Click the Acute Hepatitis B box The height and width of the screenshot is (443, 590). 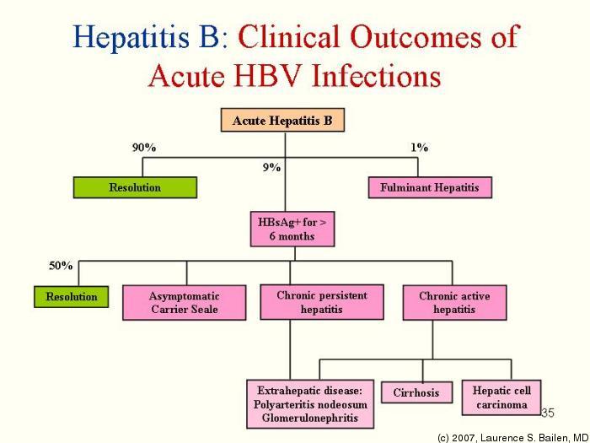coord(283,121)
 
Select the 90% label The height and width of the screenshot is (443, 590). coord(144,147)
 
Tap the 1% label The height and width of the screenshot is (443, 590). coord(419,147)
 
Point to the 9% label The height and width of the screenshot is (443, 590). coord(271,167)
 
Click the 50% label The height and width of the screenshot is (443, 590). coord(61,265)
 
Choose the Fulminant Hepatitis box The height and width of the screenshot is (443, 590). coord(429,187)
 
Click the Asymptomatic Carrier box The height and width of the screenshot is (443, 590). coord(185,302)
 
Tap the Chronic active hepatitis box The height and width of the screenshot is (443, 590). coord(453,302)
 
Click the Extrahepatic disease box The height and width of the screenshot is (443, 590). coord(310,404)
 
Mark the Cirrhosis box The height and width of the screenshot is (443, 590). coord(416,393)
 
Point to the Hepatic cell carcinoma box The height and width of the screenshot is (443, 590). coord(501,397)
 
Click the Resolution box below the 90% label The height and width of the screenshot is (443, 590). coord(135,187)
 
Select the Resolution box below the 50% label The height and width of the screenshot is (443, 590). coord(72,297)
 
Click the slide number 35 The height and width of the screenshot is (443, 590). coord(547,413)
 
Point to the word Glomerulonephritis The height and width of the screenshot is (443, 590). coord(310,418)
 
